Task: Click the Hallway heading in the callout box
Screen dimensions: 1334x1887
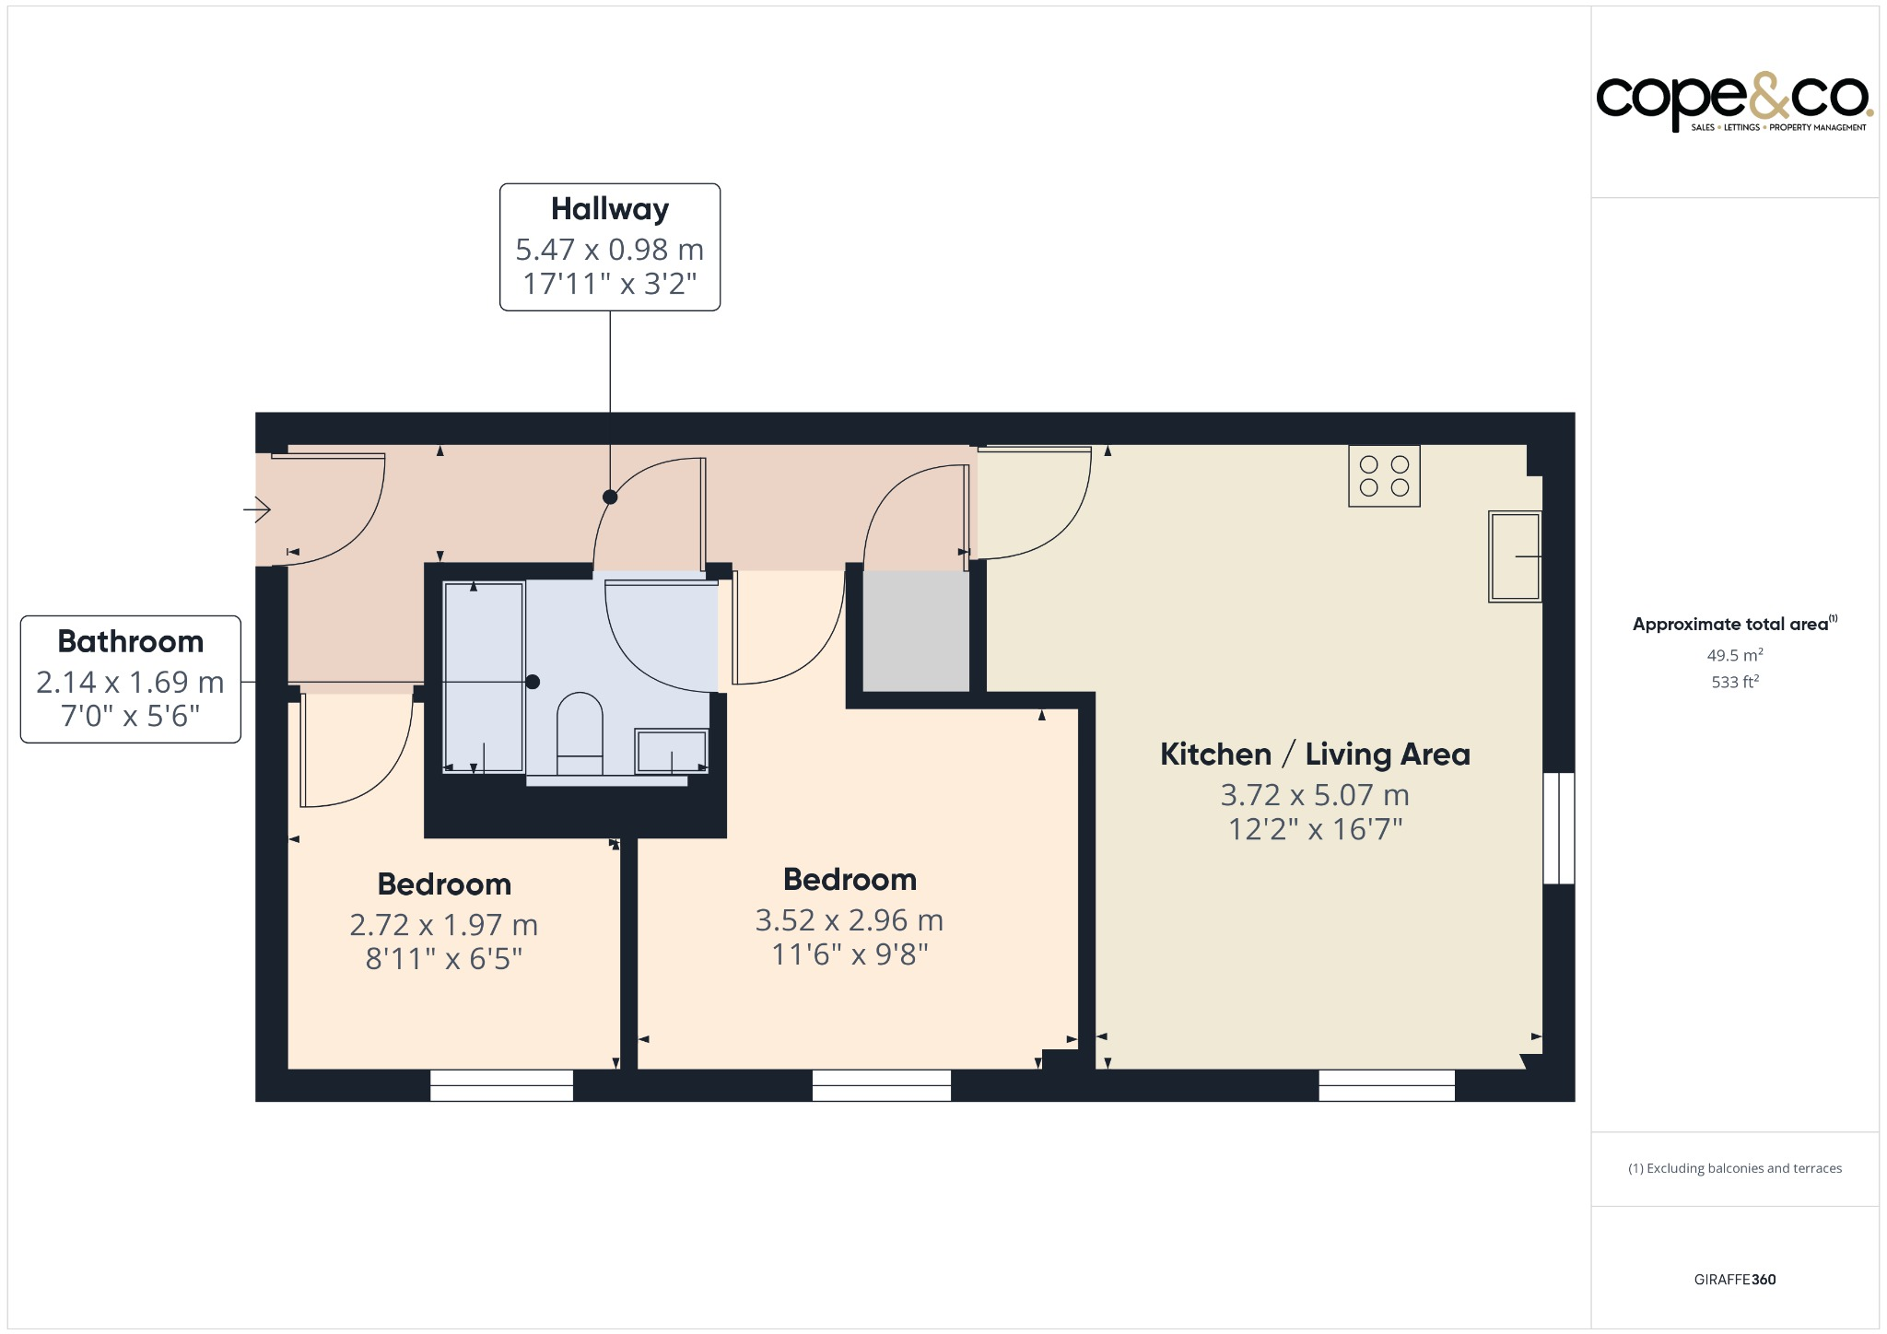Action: (609, 209)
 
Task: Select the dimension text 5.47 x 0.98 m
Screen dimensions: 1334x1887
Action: (609, 250)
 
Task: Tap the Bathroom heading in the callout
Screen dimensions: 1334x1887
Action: (130, 641)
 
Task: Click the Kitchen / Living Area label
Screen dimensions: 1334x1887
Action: (1314, 755)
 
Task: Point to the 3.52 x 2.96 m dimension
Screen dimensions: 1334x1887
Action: (849, 920)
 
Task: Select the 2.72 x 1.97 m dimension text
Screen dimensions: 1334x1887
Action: (443, 925)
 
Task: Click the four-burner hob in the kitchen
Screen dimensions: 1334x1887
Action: (1383, 475)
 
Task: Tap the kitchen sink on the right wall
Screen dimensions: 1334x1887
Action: (1514, 556)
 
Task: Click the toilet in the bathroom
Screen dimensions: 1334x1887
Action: (580, 732)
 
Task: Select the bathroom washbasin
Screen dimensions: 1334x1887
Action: (671, 751)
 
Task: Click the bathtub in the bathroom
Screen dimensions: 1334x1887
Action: (484, 677)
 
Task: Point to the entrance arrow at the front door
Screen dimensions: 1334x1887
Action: (257, 509)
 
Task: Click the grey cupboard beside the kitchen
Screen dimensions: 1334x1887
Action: (915, 630)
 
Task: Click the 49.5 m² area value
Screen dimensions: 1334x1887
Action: (1734, 655)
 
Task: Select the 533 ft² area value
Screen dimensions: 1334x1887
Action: (1734, 683)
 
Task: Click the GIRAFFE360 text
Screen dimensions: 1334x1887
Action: (1734, 1280)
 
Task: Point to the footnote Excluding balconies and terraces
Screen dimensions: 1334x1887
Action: (1734, 1168)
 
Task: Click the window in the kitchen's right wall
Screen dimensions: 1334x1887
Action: (1558, 827)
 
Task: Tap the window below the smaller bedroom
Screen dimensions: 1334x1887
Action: (501, 1085)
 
